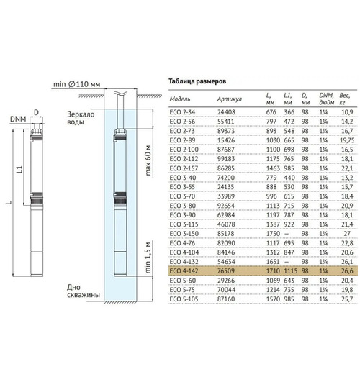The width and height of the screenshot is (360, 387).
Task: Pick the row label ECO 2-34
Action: point(181,113)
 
